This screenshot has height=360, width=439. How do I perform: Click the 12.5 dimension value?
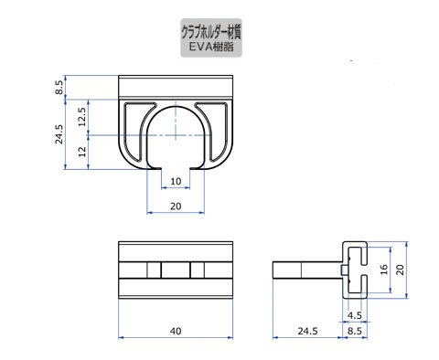[82, 117]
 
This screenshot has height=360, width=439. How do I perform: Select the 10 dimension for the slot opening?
[176, 182]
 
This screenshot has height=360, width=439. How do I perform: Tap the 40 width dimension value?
[176, 331]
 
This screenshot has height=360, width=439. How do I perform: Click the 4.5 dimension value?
[355, 315]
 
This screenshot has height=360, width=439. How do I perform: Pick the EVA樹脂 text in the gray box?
[211, 47]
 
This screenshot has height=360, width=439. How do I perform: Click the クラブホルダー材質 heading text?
[211, 32]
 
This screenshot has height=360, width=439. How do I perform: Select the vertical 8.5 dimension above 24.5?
[59, 87]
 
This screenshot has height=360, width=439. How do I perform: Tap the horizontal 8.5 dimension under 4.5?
[355, 331]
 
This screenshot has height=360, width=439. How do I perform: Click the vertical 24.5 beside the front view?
[59, 134]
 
